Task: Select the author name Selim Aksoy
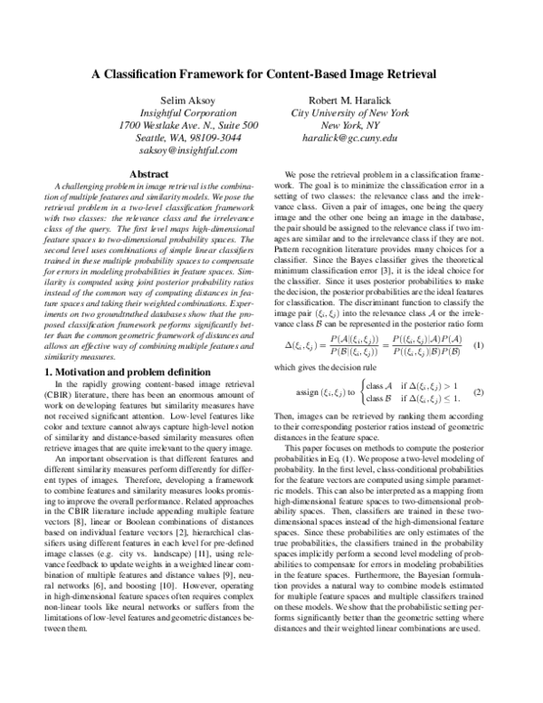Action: (x=186, y=101)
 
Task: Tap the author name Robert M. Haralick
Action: (x=350, y=101)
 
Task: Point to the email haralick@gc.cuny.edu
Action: (x=350, y=139)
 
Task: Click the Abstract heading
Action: (x=150, y=172)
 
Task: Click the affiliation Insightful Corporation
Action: (x=186, y=113)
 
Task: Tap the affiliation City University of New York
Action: (x=350, y=113)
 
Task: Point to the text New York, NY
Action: (x=350, y=126)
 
